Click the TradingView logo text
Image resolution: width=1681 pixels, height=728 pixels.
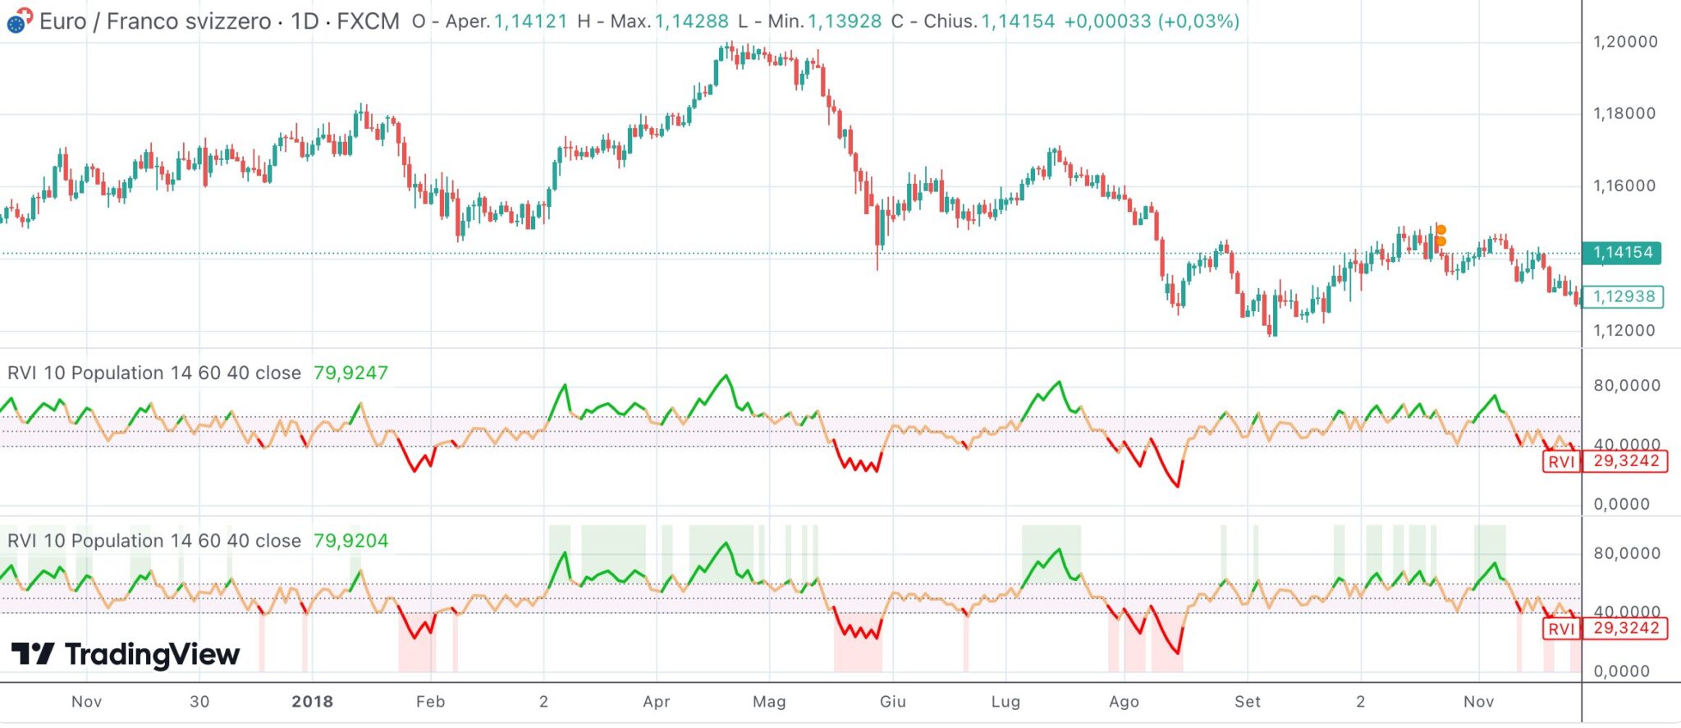click(x=152, y=654)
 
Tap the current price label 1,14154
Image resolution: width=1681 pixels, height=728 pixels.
click(x=1623, y=253)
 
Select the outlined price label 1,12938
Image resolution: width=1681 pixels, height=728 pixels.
click(x=1623, y=296)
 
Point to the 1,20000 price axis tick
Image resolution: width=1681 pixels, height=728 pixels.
click(x=1624, y=42)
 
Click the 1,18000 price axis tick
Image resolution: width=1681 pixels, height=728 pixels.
click(x=1624, y=113)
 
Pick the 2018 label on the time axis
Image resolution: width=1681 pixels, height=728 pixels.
click(x=312, y=702)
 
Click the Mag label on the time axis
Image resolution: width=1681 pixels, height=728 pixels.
click(x=769, y=702)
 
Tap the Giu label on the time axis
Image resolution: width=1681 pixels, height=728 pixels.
click(x=892, y=702)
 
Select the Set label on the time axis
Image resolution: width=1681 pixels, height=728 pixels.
click(x=1247, y=702)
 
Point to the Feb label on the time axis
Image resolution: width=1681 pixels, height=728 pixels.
click(x=430, y=702)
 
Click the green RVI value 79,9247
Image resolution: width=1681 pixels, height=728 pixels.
click(x=350, y=373)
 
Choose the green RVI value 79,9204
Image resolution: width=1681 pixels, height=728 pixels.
click(x=350, y=541)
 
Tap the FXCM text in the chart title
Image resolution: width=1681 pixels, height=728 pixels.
click(x=368, y=21)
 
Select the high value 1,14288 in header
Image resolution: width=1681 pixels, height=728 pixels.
click(x=691, y=21)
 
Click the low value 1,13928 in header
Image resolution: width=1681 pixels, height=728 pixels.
click(x=844, y=21)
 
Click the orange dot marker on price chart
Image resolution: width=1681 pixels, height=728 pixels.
click(x=1441, y=231)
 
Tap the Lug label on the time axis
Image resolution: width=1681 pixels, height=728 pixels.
click(x=1005, y=702)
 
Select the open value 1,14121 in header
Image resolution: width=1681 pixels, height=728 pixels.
click(x=530, y=21)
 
